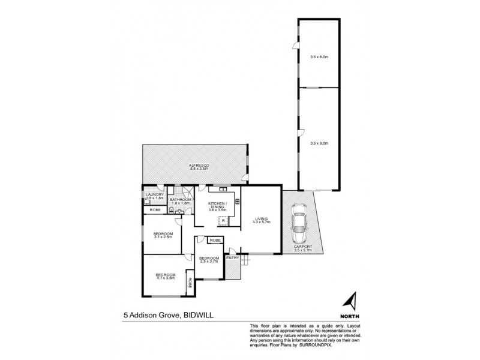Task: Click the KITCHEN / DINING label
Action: point(217,207)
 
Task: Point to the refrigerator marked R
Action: point(223,221)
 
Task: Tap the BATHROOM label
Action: point(180,201)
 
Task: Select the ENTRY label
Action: point(232,258)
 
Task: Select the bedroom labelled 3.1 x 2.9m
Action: point(163,235)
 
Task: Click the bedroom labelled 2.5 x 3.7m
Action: point(209,260)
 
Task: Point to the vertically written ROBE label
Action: point(190,284)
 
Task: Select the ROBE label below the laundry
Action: point(154,209)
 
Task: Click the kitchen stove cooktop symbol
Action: point(238,202)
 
